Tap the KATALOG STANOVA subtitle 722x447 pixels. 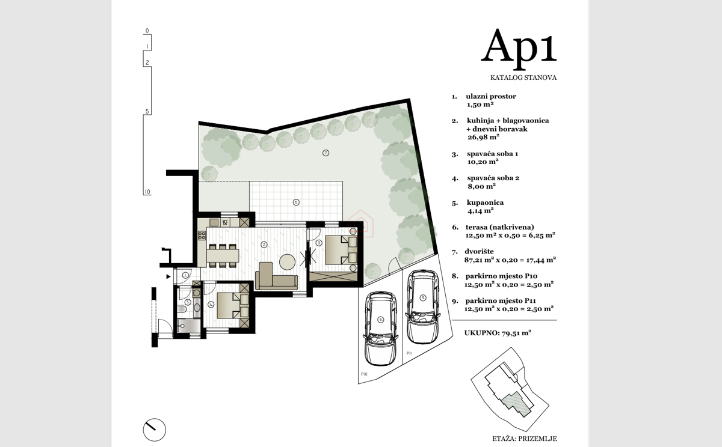523,78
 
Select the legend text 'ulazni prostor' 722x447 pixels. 491,96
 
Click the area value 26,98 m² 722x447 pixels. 484,137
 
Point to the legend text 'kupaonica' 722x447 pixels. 485,202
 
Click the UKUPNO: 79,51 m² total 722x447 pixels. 498,333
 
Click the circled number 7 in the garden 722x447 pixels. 326,153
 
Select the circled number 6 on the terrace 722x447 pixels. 296,202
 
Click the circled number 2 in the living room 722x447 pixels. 264,245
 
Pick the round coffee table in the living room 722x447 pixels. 287,262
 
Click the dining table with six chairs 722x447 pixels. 223,255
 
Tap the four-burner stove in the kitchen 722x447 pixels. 202,236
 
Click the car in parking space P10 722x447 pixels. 381,328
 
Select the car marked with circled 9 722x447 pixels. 423,306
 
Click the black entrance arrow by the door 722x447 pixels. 168,276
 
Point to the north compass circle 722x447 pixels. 155,430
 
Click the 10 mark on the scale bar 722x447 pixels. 147,192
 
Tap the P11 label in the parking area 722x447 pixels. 409,353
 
